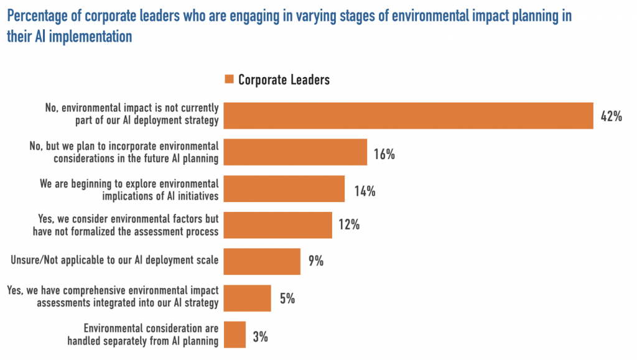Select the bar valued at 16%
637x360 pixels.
295,152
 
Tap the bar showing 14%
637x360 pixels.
284,188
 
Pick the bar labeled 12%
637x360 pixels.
277,225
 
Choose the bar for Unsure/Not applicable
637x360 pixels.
262,261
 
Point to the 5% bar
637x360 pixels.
247,298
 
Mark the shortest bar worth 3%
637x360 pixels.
235,335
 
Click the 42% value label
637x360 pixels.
611,116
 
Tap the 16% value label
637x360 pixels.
384,154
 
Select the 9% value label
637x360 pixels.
315,262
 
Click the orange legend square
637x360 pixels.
228,80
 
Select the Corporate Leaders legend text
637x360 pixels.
284,80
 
